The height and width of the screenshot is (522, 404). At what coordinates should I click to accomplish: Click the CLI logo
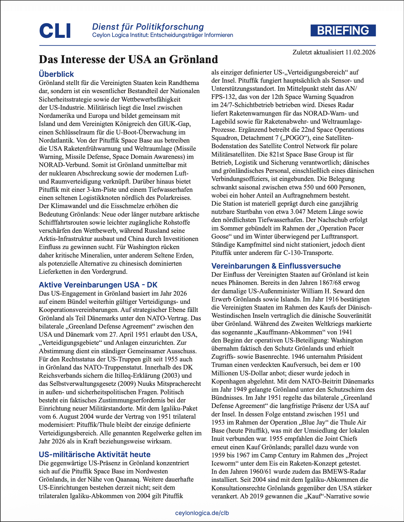click(55, 31)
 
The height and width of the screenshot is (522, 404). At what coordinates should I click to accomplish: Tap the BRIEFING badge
click(343, 31)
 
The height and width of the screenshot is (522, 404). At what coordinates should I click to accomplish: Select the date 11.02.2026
click(360, 52)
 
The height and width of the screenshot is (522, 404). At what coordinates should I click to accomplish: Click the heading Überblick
click(56, 74)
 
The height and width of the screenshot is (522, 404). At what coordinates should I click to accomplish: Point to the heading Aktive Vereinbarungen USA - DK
click(98, 285)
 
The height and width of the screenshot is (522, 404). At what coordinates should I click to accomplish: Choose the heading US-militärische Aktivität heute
click(94, 454)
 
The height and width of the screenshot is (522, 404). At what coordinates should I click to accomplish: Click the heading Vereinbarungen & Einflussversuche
click(276, 266)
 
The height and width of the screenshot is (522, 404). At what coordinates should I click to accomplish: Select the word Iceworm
click(224, 463)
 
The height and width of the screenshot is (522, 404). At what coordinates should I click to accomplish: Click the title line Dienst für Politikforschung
click(148, 27)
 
